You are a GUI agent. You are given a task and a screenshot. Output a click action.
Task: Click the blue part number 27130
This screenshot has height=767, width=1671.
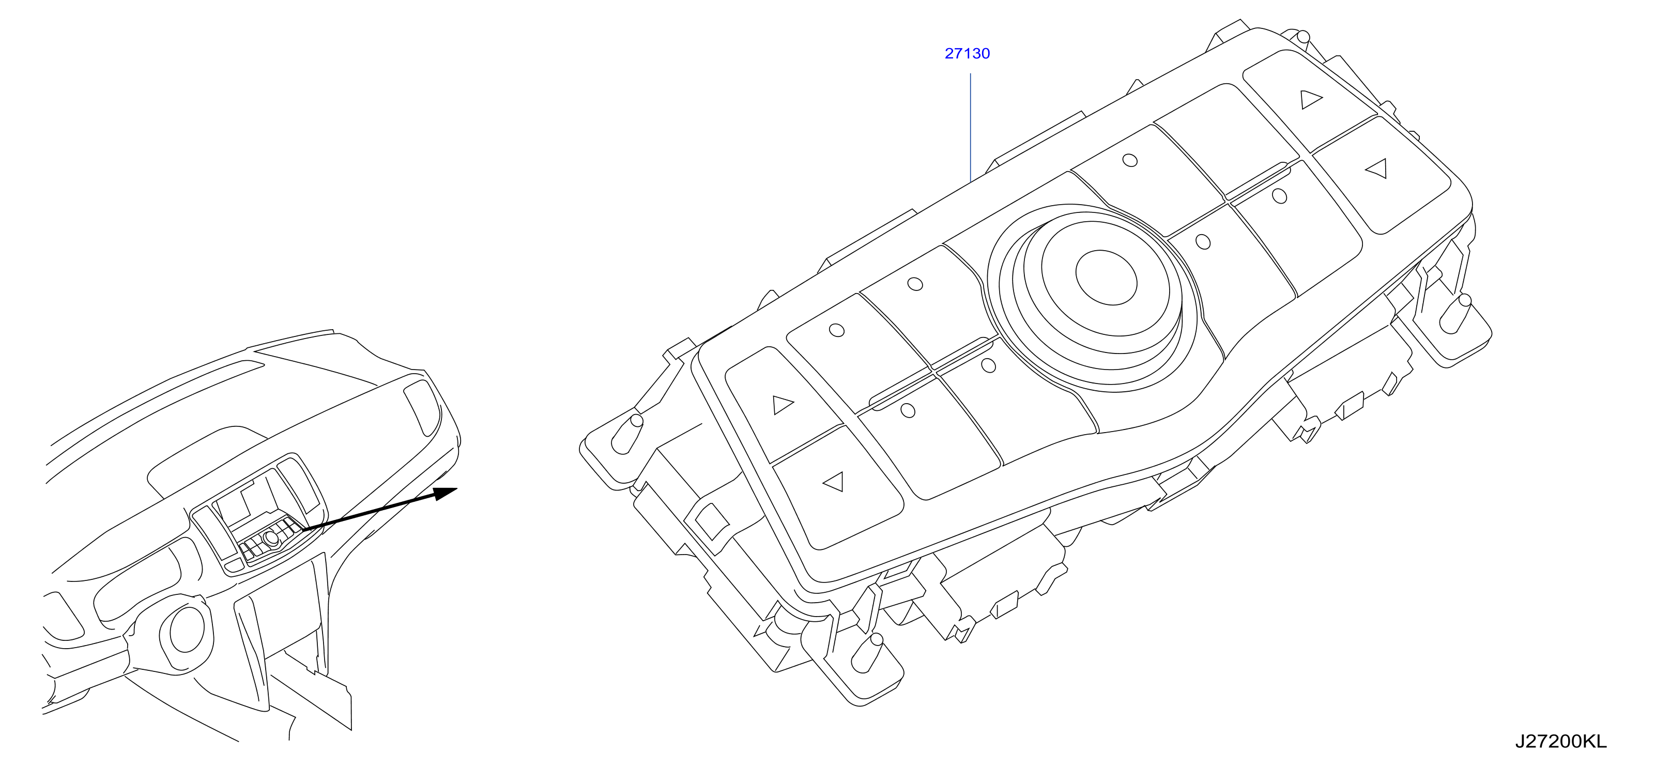tap(967, 53)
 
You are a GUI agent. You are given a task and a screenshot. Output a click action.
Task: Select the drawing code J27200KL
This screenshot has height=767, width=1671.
tap(1561, 741)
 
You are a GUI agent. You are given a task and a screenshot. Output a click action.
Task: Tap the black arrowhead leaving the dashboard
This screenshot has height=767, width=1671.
tap(445, 493)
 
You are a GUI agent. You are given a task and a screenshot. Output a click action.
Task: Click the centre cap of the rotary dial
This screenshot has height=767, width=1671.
tap(1106, 277)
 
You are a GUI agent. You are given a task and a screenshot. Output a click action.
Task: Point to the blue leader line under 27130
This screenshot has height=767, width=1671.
tap(971, 128)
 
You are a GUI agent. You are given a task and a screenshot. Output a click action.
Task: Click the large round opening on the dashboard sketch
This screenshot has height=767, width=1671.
tap(186, 630)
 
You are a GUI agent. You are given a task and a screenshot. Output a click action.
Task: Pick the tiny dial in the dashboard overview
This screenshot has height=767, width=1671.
tap(271, 538)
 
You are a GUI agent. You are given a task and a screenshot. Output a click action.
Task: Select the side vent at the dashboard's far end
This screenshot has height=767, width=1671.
tap(422, 407)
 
